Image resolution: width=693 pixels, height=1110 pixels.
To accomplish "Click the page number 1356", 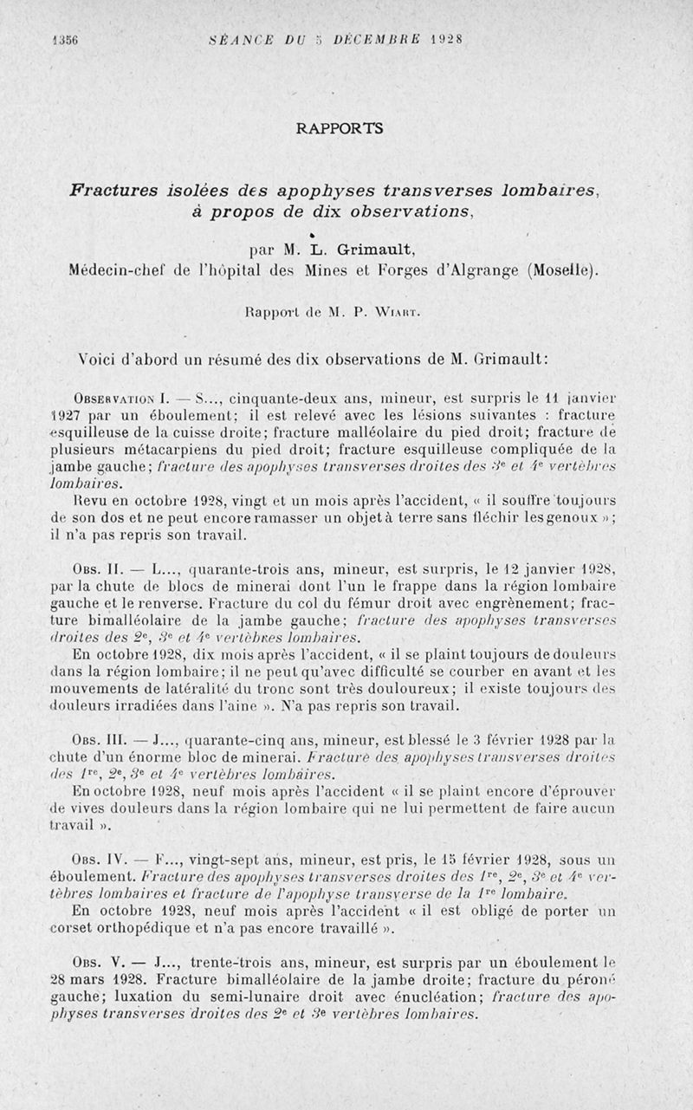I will pos(64,38).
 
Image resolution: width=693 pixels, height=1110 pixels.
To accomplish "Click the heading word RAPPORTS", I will pos(339,128).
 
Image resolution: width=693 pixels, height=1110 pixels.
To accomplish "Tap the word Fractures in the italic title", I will pos(118,190).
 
